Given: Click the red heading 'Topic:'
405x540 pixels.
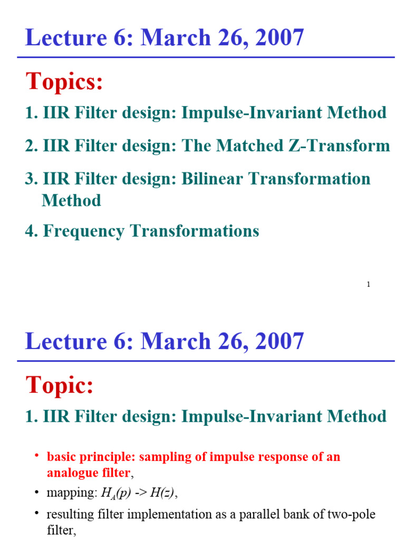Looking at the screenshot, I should click(x=60, y=386).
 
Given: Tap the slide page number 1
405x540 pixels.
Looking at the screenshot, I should click(x=368, y=285).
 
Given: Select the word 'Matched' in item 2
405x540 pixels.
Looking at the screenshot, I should click(x=248, y=146).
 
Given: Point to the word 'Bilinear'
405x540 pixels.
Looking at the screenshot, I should click(x=214, y=179).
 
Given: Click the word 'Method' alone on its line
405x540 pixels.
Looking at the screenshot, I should click(x=71, y=201).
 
